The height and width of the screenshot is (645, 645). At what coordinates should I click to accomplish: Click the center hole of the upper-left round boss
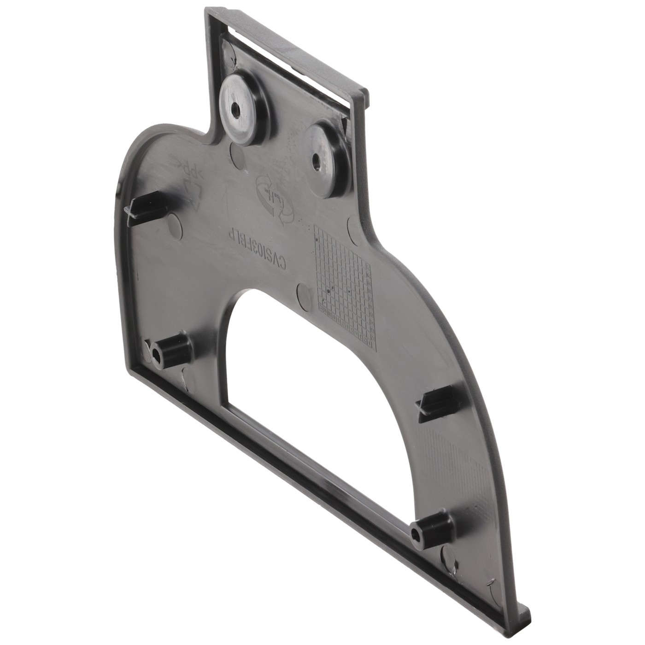click(236, 110)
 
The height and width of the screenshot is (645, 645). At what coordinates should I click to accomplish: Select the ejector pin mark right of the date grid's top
click(354, 228)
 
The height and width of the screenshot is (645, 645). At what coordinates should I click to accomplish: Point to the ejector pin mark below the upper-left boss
click(236, 155)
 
